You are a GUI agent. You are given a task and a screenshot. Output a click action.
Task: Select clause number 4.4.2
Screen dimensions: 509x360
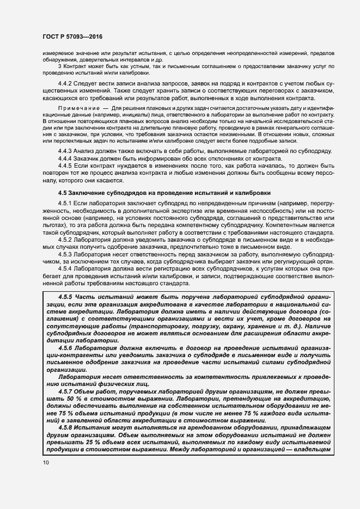[65, 83]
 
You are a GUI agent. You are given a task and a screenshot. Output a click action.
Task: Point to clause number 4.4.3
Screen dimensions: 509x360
[65, 150]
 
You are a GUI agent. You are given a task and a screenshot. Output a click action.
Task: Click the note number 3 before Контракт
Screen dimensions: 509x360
[59, 67]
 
